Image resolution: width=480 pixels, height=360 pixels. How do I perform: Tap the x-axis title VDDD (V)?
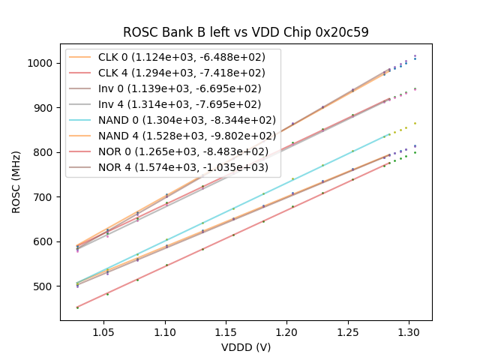click(245, 347)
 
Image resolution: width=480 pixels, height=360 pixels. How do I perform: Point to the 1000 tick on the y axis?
click(41, 63)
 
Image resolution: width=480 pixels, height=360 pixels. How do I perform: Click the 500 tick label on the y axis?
click(44, 286)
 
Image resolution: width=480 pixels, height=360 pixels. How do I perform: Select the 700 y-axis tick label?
click(44, 197)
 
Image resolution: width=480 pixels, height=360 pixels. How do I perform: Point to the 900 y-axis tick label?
click(44, 108)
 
